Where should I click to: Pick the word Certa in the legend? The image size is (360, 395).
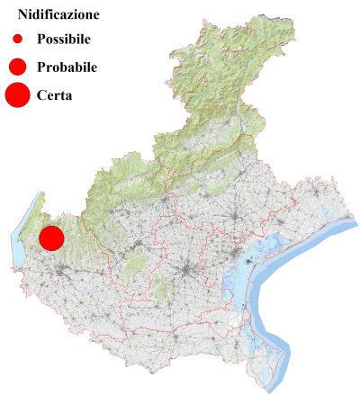pyautogui.click(x=55, y=95)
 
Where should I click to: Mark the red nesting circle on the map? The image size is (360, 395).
pyautogui.click(x=50, y=238)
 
